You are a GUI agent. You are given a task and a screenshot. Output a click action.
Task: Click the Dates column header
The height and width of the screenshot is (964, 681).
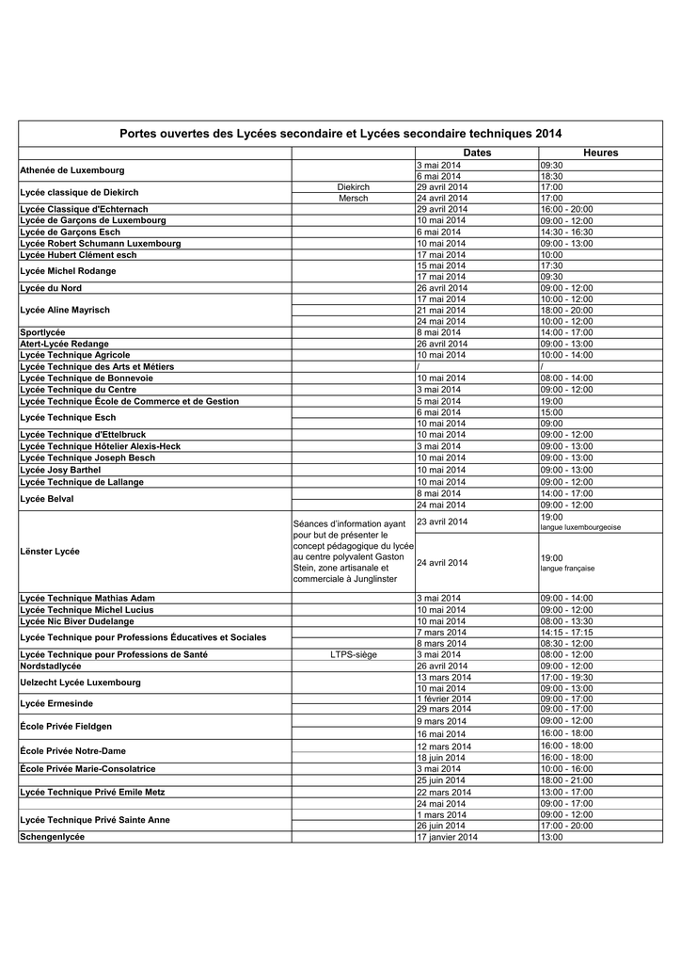pos(477,153)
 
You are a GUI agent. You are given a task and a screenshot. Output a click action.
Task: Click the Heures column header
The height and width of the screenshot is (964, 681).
pos(600,153)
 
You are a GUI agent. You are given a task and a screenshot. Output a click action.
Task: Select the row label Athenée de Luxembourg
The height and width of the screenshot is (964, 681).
pos(72,170)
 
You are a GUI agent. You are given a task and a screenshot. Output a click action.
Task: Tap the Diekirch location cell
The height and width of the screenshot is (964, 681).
pos(354,187)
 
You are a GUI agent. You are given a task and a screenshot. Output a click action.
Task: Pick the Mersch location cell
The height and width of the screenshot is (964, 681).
pos(354,199)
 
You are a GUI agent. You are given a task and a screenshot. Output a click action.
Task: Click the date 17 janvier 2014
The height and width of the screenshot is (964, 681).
pos(447,837)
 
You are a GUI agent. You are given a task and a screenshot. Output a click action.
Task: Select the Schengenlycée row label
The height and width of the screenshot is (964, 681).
pos(53,837)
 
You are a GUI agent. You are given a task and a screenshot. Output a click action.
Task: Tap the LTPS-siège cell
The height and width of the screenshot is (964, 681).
pos(354,654)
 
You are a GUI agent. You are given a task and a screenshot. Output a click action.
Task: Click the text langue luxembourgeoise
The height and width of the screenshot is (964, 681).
pos(580,528)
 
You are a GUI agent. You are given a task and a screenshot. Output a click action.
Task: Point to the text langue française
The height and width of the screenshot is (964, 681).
pos(567,569)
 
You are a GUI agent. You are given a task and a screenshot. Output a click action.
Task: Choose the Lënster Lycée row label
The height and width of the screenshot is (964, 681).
pos(50,551)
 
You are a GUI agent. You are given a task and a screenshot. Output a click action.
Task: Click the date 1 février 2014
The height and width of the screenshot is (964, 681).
pos(444,699)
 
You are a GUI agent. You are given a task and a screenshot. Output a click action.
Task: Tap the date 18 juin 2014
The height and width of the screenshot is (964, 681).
pos(441,758)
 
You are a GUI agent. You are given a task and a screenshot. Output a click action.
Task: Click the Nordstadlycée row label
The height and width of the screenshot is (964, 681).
pos(51,666)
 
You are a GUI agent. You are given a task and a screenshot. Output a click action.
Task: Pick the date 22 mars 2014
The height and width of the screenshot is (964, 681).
pos(444,793)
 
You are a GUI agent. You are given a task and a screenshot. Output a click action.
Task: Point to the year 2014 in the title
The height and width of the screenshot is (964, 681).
pos(548,134)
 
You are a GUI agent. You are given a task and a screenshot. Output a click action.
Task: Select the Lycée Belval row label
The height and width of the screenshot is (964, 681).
pos(47,499)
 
